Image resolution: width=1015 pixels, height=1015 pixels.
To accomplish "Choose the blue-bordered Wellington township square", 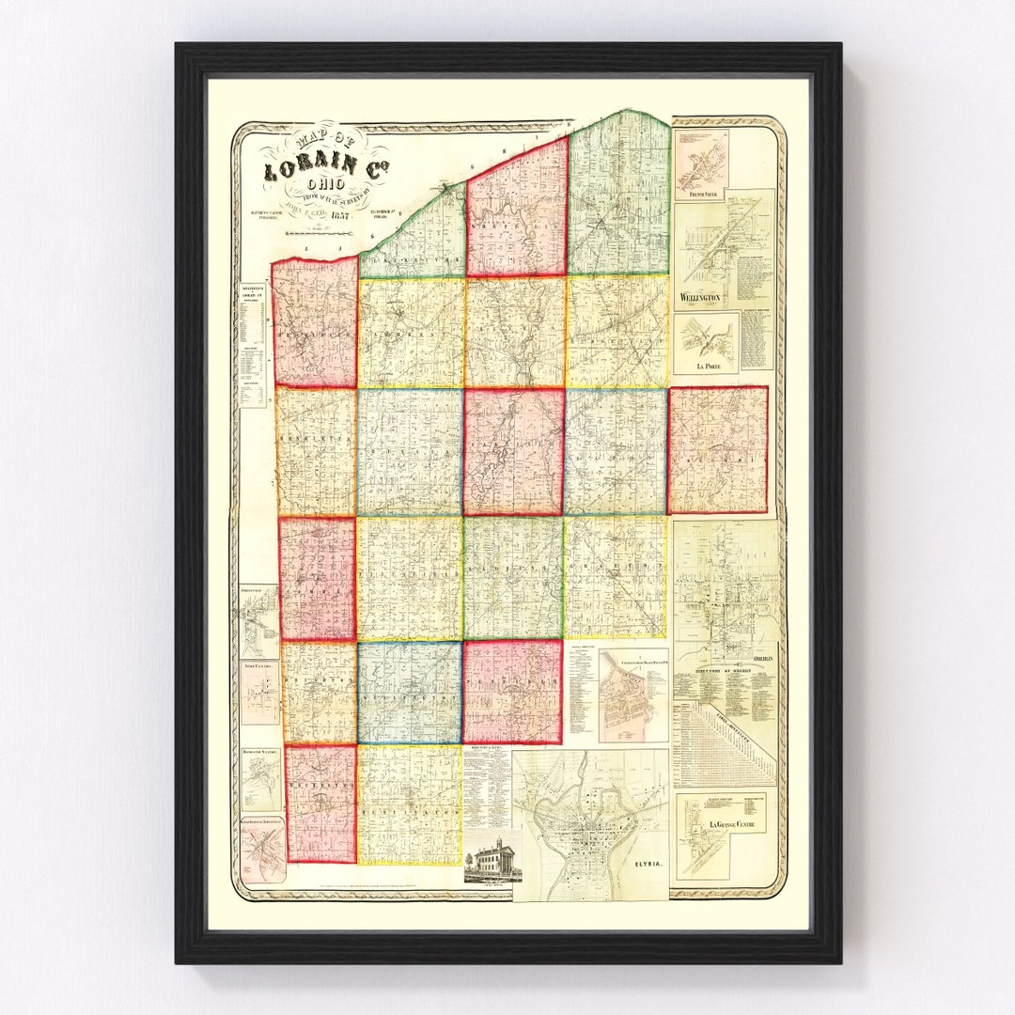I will (409, 693).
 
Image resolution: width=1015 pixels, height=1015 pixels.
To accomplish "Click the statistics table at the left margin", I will (251, 343).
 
